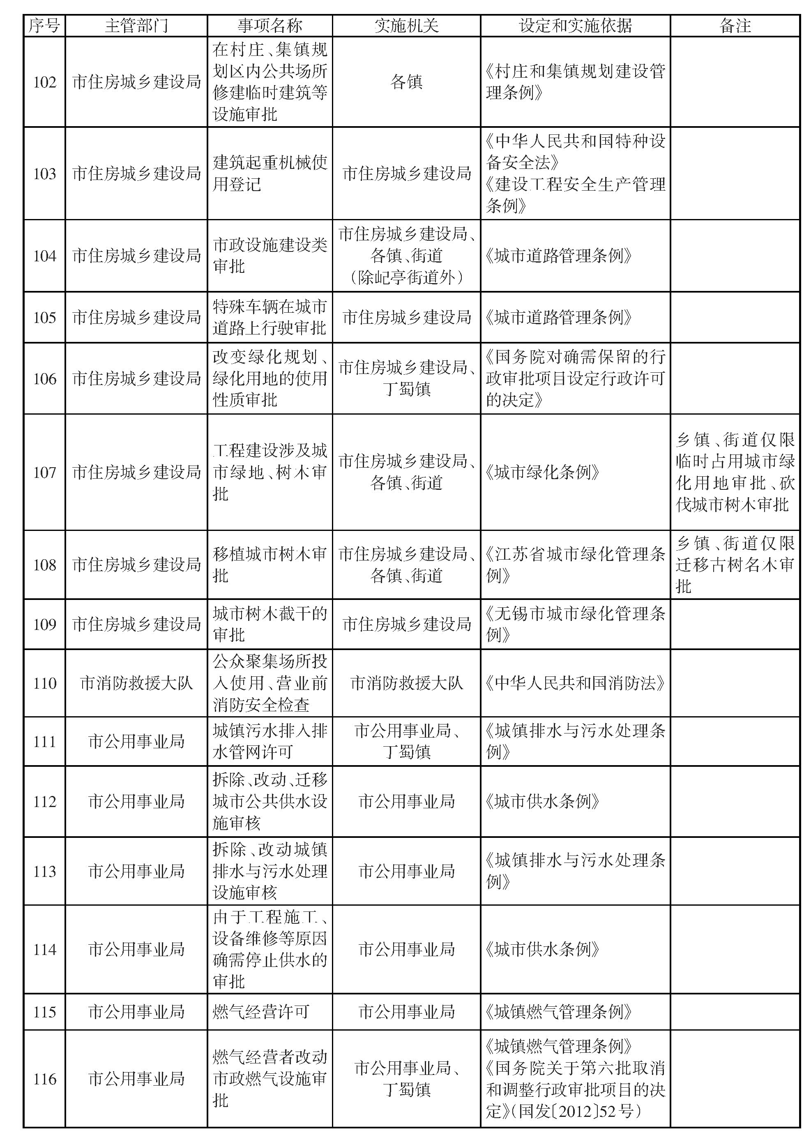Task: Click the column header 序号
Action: [44, 25]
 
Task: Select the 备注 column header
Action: [735, 25]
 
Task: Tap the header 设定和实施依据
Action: [575, 25]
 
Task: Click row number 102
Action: [44, 82]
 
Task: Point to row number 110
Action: [44, 683]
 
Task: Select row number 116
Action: [44, 1079]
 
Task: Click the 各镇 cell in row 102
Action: [406, 82]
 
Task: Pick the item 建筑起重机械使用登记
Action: [270, 173]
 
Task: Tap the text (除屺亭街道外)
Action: [406, 277]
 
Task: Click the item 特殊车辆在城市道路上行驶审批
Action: [270, 317]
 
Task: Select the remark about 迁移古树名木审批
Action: [735, 565]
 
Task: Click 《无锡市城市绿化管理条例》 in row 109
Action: [575, 624]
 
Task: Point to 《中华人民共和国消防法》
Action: [575, 683]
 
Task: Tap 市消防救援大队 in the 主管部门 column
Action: [136, 683]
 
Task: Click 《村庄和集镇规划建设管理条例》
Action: [575, 82]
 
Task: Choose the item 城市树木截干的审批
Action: [270, 624]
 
